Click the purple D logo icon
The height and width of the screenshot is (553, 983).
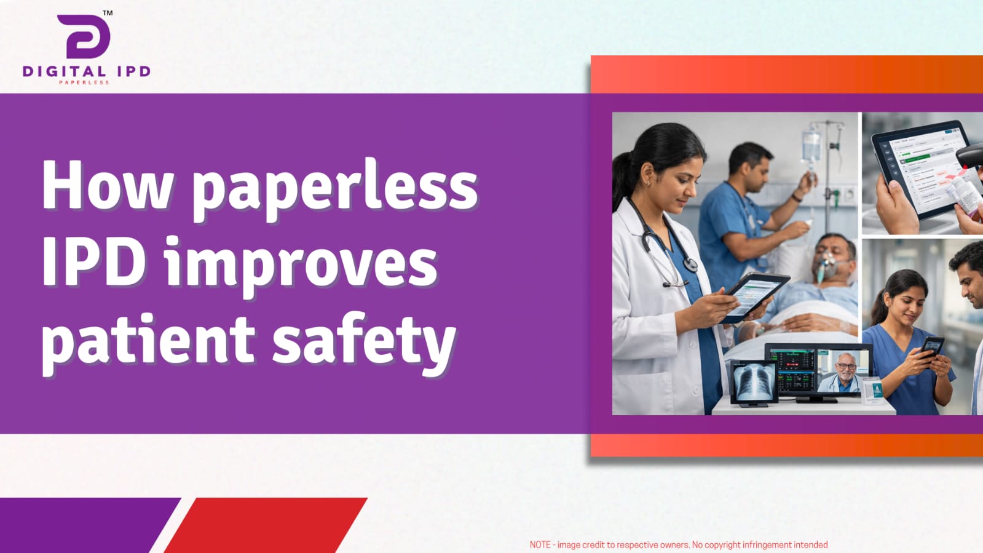click(84, 36)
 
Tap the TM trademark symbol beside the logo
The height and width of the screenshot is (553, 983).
click(108, 13)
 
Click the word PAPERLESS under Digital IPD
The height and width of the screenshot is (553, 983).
click(84, 82)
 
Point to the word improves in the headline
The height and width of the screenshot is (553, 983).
click(301, 265)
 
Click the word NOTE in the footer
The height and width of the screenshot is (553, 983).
click(540, 544)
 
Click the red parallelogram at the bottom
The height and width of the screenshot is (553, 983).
click(266, 525)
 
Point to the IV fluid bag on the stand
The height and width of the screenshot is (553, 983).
click(811, 147)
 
